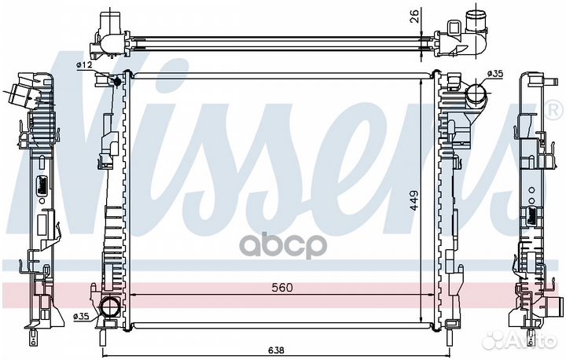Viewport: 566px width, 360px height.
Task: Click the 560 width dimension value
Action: (282, 288)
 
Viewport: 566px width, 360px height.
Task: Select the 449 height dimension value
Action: (413, 200)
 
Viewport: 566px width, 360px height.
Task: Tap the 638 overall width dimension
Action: (276, 350)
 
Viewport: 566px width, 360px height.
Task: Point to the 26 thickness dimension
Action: (415, 17)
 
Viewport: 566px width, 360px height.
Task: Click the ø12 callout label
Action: (84, 64)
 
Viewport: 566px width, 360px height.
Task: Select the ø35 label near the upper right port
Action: (495, 74)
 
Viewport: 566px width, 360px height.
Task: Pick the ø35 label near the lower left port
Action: (81, 317)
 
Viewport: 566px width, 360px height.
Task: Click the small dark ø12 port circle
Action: (117, 82)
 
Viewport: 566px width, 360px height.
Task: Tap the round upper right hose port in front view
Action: (476, 94)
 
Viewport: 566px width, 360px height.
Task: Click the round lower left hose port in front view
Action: (109, 307)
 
